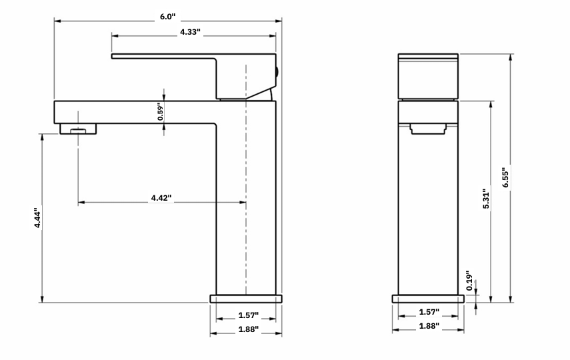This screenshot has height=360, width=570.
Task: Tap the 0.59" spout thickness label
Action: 161,111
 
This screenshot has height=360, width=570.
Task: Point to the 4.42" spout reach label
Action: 161,198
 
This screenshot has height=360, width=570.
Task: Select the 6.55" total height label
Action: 506,177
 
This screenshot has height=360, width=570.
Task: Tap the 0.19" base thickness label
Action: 469,281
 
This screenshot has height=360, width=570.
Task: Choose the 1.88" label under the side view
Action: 245,329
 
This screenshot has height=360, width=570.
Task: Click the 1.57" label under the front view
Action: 429,312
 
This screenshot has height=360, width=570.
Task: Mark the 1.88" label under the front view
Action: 429,326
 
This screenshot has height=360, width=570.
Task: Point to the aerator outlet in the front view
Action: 427,128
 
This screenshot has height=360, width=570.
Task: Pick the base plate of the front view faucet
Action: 427,299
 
